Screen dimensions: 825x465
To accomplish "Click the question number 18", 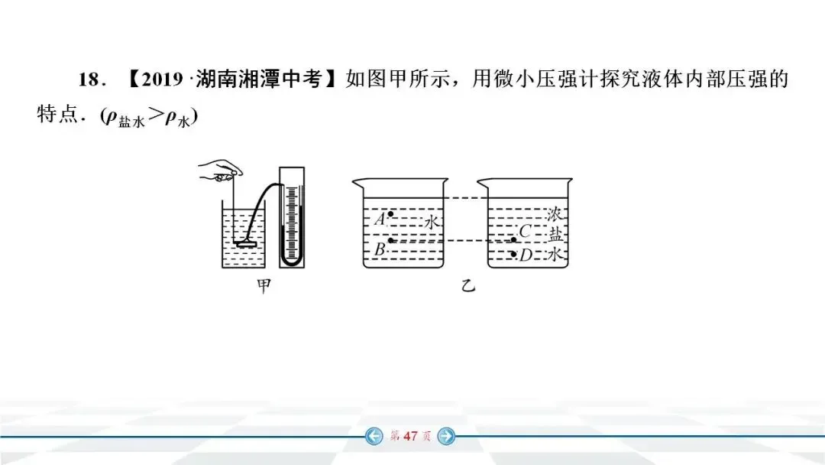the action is pos(90,80).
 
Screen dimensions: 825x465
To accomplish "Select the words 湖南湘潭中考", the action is pos(260,80).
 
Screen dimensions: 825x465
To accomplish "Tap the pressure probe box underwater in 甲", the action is pos(246,245).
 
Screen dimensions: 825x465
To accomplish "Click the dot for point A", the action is pos(391,214).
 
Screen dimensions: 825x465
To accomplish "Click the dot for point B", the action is pos(391,241).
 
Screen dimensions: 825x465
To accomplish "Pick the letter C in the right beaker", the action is pos(525,231).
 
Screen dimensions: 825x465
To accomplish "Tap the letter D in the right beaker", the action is pos(526,255).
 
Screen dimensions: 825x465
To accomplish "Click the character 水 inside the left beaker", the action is pos(432,222).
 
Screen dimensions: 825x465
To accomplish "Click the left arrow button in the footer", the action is pos(374,437).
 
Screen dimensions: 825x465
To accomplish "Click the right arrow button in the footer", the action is pos(447,437).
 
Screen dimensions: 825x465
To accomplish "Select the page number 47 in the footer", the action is pos(410,437).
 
